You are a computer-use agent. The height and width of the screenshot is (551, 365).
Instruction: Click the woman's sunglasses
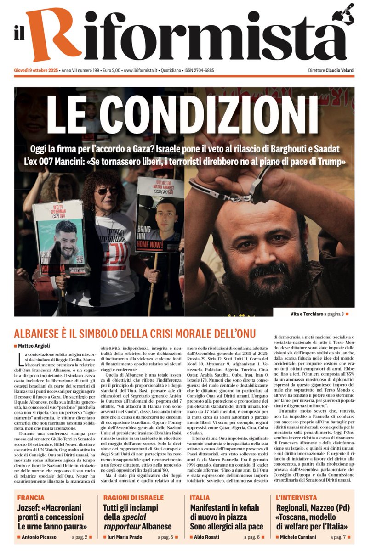[107, 191]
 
